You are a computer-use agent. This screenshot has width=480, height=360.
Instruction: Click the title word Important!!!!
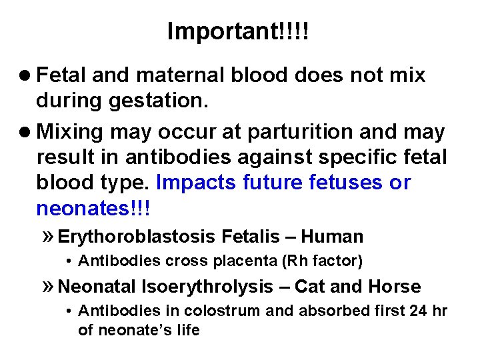pos(239,31)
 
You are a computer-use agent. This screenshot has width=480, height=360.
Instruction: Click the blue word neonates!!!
pos(94,209)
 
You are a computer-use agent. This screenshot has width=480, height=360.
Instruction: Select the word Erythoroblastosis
pos(137,237)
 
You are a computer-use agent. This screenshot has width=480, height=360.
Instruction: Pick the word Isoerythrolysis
pos(206,287)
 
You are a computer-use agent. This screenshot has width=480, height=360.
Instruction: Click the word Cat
pos(309,287)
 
